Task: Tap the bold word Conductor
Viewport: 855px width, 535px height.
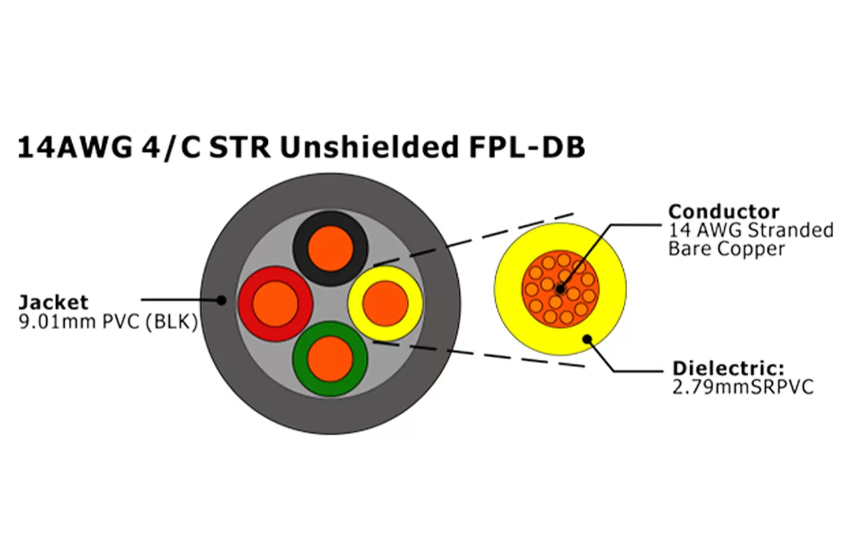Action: point(723,212)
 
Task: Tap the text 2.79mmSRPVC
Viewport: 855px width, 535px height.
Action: point(743,387)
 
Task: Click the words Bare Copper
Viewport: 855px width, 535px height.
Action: point(726,249)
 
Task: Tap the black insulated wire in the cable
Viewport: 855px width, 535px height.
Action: point(330,249)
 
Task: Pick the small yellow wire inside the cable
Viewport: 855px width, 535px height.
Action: point(385,304)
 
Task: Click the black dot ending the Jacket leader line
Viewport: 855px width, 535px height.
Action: point(221,300)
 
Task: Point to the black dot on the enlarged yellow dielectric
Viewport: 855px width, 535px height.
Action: point(588,338)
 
